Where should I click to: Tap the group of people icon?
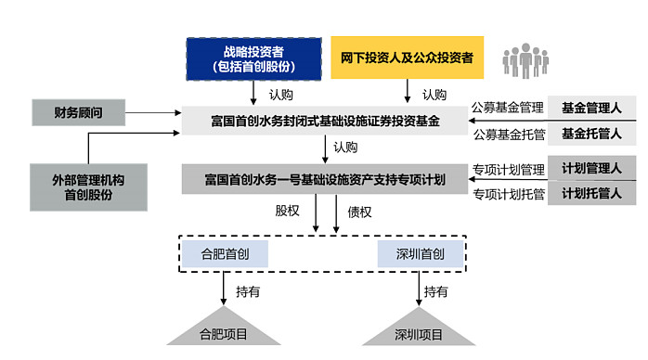click(526, 60)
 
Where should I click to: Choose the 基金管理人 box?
click(593, 107)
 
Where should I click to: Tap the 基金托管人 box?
click(593, 135)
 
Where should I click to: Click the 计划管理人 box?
click(593, 168)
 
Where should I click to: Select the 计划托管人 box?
click(593, 194)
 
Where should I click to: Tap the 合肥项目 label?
click(224, 335)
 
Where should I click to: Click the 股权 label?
click(288, 212)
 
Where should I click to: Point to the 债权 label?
click(359, 212)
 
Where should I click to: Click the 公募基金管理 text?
click(508, 108)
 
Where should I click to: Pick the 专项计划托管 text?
click(508, 195)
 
